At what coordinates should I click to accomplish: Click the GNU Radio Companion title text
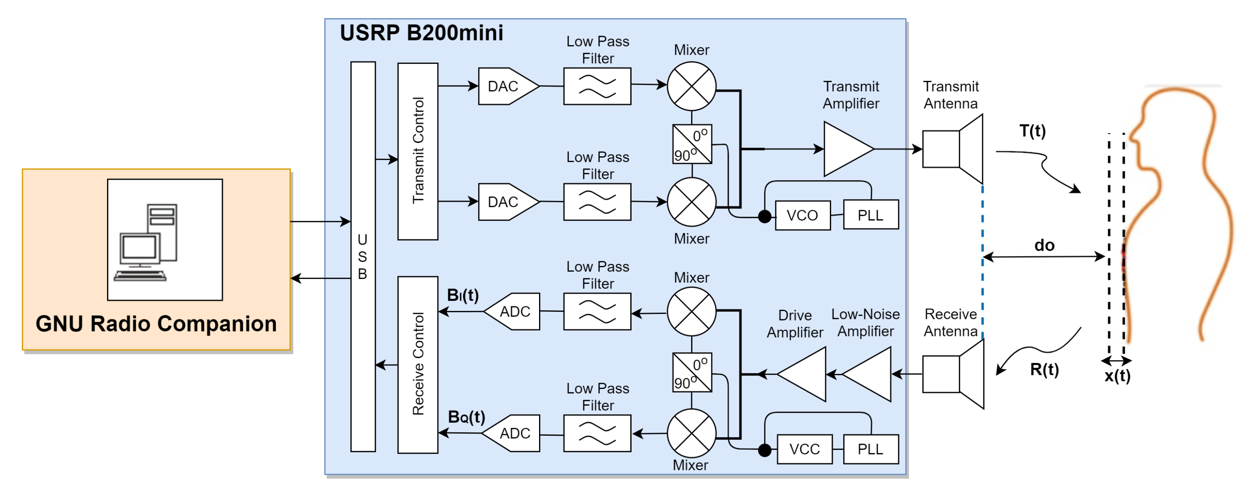tap(156, 324)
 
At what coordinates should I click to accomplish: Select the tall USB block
tap(363, 256)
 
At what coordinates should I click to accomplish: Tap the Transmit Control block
tap(418, 151)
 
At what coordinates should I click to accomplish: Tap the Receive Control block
tap(418, 364)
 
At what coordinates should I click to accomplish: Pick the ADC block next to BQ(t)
tap(512, 433)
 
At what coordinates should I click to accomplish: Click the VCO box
tap(802, 215)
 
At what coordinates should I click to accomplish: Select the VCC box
tap(804, 449)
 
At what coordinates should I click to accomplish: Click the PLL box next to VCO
tap(871, 215)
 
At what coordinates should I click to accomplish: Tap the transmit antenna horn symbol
tap(952, 149)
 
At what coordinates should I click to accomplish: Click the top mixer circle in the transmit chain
tap(691, 86)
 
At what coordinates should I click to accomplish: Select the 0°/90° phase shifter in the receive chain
tap(692, 373)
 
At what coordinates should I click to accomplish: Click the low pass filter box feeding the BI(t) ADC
tap(597, 311)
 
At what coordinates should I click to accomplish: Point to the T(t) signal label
tap(1032, 131)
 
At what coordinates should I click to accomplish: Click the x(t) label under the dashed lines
tap(1117, 376)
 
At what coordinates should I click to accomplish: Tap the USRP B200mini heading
tap(421, 33)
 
